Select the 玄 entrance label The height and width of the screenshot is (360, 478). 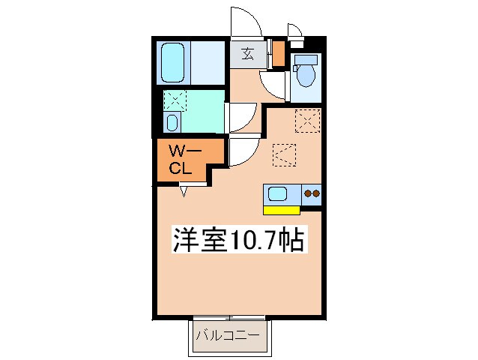[246, 54]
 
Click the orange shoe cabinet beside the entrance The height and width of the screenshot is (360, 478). [278, 53]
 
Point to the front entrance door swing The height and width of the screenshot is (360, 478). [245, 21]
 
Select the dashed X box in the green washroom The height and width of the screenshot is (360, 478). [175, 99]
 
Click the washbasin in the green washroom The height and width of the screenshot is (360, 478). [173, 122]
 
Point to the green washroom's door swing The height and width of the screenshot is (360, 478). [241, 117]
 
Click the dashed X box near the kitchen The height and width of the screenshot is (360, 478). [307, 120]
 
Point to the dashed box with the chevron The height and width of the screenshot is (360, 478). [285, 154]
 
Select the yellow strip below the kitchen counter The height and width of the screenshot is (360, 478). [282, 209]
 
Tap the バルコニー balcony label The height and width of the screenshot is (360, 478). [227, 334]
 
